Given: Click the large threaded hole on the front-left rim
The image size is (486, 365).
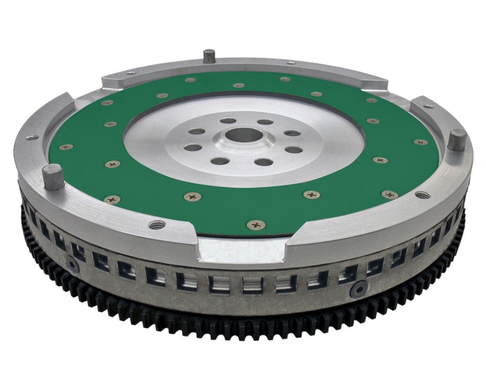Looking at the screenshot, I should pos(157,225).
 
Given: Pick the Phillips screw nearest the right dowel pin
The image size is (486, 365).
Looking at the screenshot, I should pos(420,142).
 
